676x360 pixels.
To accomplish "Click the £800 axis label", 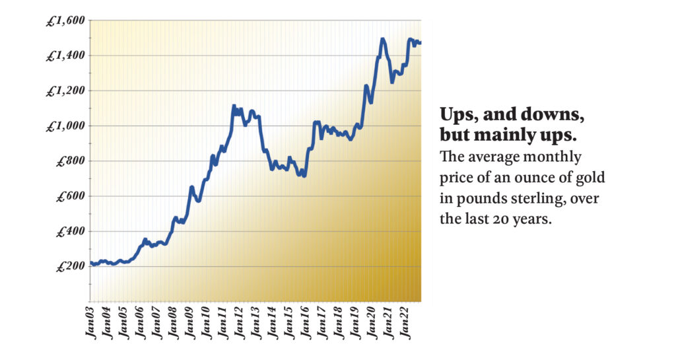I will click(70, 162).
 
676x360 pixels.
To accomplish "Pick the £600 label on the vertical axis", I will click(70, 197).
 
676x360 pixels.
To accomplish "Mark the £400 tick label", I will click(70, 233).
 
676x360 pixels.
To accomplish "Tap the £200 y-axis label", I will click(70, 268).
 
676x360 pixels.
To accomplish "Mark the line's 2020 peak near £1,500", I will click(383, 40).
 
